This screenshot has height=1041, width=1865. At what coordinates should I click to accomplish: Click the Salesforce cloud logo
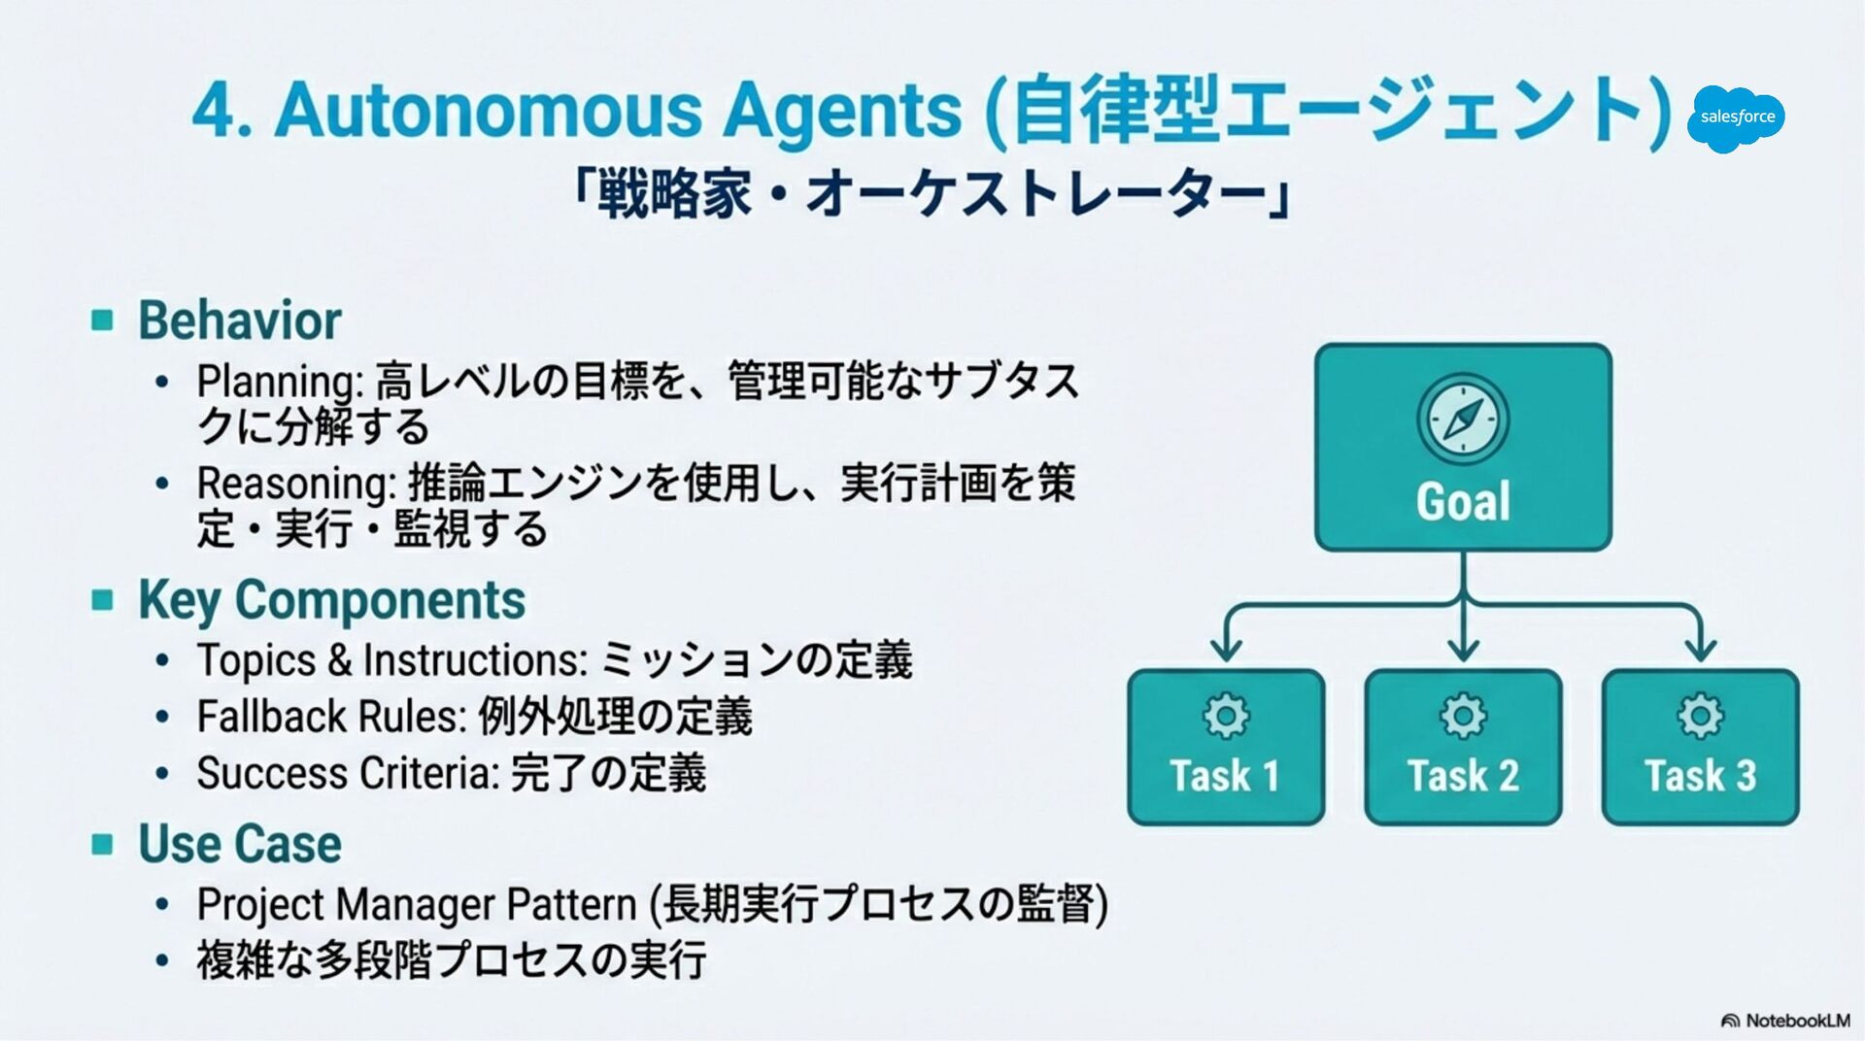tap(1736, 118)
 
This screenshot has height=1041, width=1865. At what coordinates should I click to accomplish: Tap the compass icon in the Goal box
tap(1463, 420)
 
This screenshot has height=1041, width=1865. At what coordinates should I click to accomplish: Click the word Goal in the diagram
tap(1463, 502)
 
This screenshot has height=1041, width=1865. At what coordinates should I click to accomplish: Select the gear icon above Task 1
tap(1226, 717)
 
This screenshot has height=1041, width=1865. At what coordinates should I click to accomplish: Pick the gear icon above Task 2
tap(1463, 717)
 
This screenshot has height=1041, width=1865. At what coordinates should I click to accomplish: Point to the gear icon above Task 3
tap(1700, 717)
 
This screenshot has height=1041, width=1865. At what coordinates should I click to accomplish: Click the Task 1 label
tap(1225, 776)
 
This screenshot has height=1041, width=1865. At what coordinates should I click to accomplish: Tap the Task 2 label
tap(1463, 776)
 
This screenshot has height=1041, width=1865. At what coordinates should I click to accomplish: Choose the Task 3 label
tap(1700, 776)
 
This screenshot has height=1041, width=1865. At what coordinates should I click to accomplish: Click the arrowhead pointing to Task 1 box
tap(1226, 649)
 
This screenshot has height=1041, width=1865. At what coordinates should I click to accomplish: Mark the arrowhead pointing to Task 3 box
tap(1700, 649)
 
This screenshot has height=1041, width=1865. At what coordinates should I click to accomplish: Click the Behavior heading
tap(239, 320)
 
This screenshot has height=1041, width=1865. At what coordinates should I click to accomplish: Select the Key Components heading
tap(331, 599)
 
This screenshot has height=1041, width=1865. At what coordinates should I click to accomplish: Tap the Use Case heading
tap(240, 843)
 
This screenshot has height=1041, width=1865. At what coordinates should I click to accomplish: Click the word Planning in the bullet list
tap(277, 382)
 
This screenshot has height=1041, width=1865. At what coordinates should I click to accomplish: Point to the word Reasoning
tap(295, 483)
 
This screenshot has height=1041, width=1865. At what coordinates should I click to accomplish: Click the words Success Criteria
tap(347, 774)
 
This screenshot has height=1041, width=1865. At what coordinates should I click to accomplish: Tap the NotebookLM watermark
tap(1786, 1021)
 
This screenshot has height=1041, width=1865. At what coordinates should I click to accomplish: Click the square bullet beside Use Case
tap(102, 843)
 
